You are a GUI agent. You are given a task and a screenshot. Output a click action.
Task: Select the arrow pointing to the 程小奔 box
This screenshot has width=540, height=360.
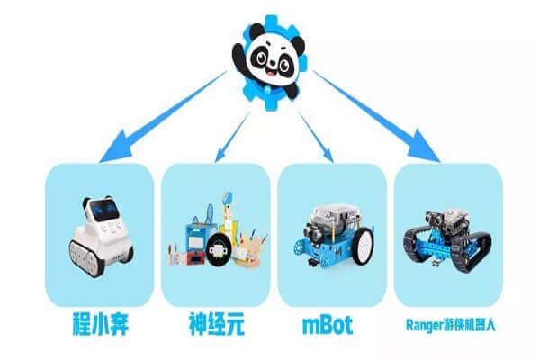click(163, 116)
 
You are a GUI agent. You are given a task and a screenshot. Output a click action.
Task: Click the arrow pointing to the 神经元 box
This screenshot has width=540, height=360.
click(233, 137)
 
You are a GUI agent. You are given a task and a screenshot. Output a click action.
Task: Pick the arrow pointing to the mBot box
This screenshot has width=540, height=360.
click(316, 137)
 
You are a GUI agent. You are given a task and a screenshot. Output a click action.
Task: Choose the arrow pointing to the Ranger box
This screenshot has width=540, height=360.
click(376, 116)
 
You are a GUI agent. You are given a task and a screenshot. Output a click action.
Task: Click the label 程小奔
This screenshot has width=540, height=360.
click(100, 324)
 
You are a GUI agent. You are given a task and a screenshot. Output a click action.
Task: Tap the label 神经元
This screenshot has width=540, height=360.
click(217, 324)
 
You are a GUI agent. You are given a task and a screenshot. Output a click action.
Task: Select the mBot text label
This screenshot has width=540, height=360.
click(328, 324)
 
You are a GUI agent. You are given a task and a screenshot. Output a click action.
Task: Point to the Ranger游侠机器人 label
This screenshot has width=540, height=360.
click(451, 325)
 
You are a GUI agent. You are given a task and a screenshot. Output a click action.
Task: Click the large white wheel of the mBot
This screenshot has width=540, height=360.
click(363, 246)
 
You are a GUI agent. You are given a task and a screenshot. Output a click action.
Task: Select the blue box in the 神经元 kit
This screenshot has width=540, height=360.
click(200, 238)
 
